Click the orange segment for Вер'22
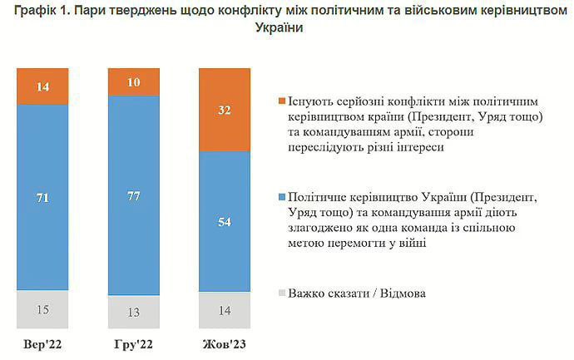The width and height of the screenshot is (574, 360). tap(42, 86)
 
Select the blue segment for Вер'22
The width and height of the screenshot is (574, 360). tap(42, 196)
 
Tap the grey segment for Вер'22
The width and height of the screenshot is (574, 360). tap(42, 309)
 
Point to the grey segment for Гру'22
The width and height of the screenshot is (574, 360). tap(133, 312)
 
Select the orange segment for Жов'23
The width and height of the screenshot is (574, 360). tap(225, 110)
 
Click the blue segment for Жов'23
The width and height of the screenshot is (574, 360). tap(225, 221)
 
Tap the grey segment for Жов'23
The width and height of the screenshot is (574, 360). tap(225, 311)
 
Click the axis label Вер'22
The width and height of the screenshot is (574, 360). tap(42, 344)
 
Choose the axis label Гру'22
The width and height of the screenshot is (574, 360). tap(133, 344)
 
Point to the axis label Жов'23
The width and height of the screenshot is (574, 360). tap(225, 344)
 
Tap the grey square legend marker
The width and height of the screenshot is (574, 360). tap(281, 293)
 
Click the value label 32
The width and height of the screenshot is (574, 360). tap(225, 110)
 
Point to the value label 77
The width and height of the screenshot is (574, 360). tap(133, 197)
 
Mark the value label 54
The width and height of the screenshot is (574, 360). tap(225, 222)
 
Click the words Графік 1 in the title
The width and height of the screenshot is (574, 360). tap(40, 11)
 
